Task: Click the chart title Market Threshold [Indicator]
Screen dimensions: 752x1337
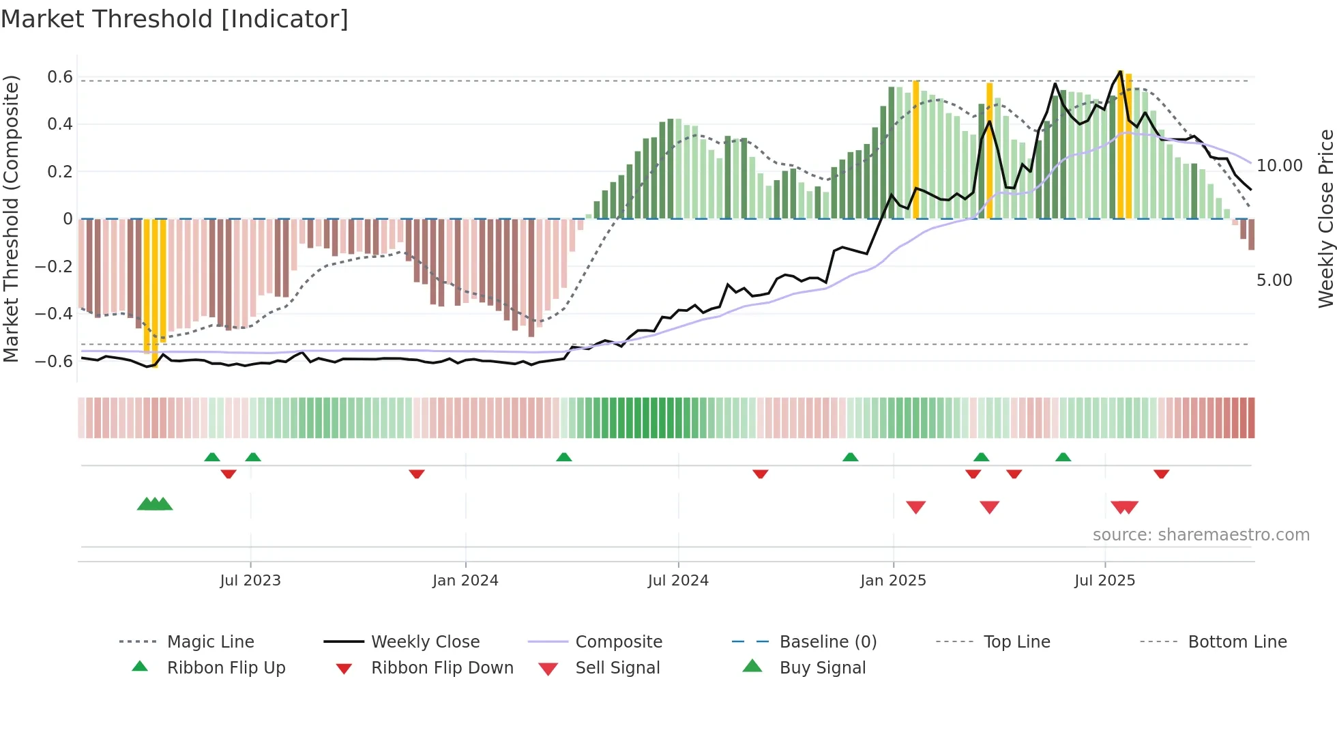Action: (175, 19)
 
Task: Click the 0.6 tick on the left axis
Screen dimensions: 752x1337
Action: (60, 77)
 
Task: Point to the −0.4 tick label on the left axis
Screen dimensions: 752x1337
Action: (54, 314)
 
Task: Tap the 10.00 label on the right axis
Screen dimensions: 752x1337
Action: (1279, 166)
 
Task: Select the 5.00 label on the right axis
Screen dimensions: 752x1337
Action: (1274, 280)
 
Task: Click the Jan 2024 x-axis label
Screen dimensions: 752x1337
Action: (465, 581)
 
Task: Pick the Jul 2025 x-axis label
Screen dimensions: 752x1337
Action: (1104, 581)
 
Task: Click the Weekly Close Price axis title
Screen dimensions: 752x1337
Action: (1325, 218)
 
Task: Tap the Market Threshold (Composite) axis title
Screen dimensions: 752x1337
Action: (11, 218)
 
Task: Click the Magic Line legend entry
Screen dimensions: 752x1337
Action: (210, 642)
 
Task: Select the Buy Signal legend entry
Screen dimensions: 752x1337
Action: (822, 668)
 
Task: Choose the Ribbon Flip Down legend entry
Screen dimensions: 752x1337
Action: (441, 668)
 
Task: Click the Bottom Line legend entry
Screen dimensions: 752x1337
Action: (1237, 642)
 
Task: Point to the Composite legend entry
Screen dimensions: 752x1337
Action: (618, 642)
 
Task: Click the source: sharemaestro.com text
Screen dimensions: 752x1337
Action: (1201, 535)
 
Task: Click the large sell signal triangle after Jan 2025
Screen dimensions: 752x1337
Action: (915, 507)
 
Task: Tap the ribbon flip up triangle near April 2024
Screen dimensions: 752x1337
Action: (563, 457)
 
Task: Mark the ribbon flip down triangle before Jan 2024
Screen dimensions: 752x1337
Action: (417, 474)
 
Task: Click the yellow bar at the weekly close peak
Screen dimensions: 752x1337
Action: (1121, 143)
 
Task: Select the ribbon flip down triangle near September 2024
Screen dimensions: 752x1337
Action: (761, 474)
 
